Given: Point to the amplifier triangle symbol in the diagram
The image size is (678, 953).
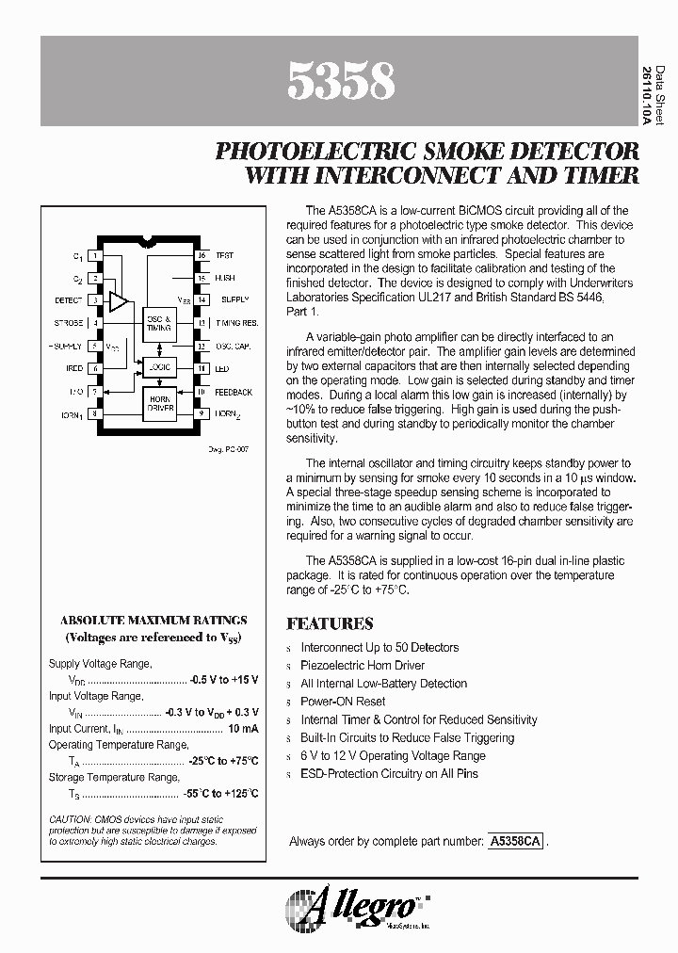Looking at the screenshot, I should [x=119, y=301].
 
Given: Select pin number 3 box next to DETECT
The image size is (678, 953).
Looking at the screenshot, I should [x=96, y=300].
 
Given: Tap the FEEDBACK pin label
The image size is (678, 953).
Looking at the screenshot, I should [x=234, y=392].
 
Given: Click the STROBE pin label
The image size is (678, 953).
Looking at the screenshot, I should [x=70, y=323].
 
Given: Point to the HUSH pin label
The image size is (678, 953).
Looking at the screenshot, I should [x=225, y=278].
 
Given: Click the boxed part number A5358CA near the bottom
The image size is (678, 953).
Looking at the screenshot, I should [x=515, y=841].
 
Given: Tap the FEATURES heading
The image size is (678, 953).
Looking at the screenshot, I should [x=330, y=623].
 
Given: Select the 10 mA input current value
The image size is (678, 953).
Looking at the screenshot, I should [x=243, y=728].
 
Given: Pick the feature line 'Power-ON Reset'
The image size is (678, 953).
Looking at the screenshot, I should [x=343, y=702].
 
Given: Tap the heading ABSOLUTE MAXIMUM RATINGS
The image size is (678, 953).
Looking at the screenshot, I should [x=153, y=620].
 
